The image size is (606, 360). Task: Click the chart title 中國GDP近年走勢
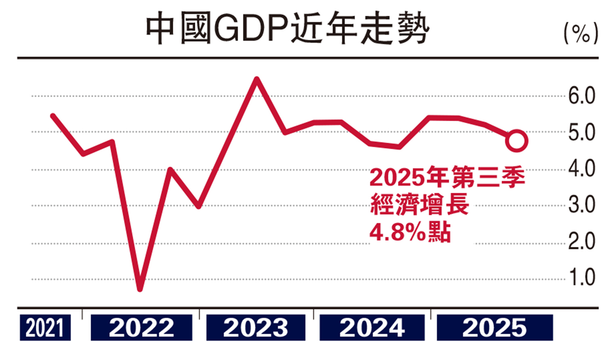click(287, 29)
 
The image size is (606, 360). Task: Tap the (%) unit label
click(581, 34)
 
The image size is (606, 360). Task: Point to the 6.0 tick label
click(581, 96)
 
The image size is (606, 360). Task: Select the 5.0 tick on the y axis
click(581, 133)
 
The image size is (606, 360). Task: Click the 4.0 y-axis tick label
click(581, 168)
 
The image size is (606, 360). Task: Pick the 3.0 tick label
click(581, 205)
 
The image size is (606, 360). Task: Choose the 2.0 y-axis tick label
click(581, 241)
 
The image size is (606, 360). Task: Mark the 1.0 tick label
click(582, 278)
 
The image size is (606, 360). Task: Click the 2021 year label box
click(45, 328)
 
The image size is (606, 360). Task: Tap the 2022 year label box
click(141, 328)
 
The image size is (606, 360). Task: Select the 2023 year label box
click(256, 328)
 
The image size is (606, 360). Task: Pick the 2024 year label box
click(372, 328)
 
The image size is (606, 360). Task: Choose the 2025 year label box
click(494, 328)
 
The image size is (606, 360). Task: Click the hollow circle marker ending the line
click(516, 141)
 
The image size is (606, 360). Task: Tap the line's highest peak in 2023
click(257, 79)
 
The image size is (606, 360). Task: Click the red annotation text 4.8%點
click(410, 232)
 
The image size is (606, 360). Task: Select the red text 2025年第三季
click(447, 177)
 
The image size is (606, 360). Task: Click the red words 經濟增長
click(419, 204)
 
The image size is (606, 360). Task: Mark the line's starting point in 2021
click(53, 116)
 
